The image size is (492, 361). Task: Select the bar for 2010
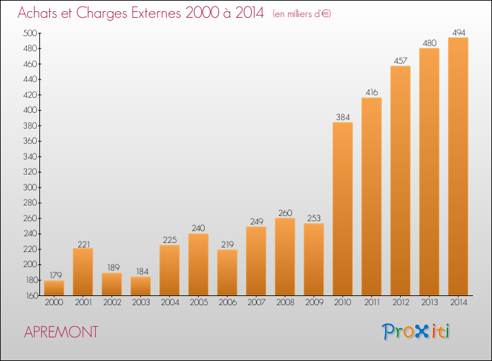342,209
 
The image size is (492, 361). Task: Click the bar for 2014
458,166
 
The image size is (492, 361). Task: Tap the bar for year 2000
54,288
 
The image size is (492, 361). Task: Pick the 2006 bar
227,272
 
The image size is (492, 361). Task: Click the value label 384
342,117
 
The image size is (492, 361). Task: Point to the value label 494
459,33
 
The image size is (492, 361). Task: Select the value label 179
56,275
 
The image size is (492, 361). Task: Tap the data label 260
285,213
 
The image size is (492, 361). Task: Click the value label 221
84,244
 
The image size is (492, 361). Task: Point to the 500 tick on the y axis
30,33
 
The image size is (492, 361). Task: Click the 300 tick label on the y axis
30,188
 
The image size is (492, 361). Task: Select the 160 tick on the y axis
31,296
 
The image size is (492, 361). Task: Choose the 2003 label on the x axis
141,303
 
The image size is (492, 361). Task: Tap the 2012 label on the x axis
401,303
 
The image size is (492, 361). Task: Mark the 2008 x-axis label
285,303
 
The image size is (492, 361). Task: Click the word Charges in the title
102,13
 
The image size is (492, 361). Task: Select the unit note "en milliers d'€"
302,14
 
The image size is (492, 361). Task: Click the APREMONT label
61,332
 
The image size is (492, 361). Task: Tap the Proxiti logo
416,331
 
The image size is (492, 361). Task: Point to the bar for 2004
169,270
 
